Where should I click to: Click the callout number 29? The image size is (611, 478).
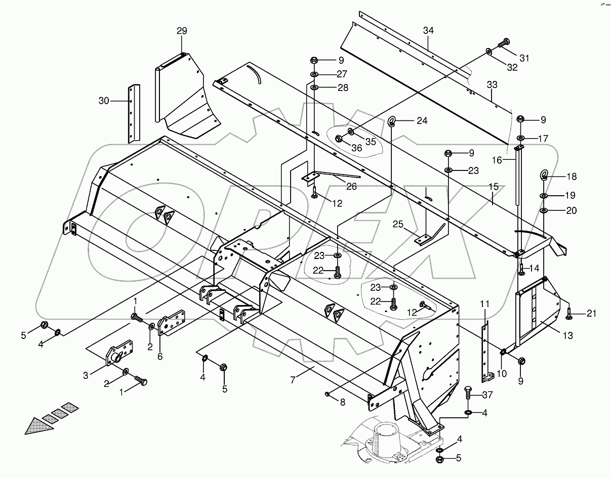(x=182, y=31)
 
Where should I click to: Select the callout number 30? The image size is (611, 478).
(x=104, y=101)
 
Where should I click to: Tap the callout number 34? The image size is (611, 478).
(x=428, y=31)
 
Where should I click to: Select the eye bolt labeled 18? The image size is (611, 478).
(x=544, y=176)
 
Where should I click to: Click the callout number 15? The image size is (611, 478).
(x=494, y=187)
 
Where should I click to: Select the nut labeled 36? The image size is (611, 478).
(x=339, y=139)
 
